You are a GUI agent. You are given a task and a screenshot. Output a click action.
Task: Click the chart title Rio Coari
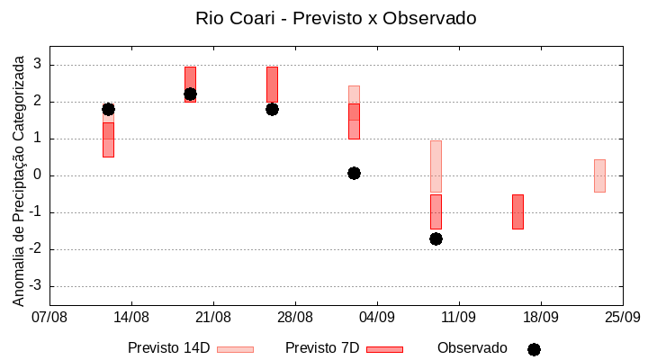point(336,18)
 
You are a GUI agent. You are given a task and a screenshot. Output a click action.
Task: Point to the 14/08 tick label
point(131,317)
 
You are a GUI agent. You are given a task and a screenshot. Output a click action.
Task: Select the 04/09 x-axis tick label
point(377,317)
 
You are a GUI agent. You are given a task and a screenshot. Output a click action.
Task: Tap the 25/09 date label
point(622,317)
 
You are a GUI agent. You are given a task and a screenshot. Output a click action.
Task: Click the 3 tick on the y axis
point(38,65)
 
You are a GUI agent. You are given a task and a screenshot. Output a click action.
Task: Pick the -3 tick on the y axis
point(35,286)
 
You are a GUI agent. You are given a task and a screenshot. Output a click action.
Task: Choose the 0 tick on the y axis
point(38,175)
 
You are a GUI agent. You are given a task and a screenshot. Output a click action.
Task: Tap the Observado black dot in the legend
point(534,349)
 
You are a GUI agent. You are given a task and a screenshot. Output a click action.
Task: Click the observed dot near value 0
point(354,173)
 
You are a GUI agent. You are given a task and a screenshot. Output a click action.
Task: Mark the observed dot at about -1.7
point(436,238)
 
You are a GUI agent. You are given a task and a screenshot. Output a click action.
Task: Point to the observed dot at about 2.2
point(190,94)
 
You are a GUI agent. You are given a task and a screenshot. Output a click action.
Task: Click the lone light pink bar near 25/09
point(599,175)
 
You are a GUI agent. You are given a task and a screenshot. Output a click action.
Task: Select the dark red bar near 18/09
point(517,211)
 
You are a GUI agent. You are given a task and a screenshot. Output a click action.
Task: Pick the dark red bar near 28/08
point(272,84)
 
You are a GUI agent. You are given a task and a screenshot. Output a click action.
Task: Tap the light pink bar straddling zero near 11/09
point(436,166)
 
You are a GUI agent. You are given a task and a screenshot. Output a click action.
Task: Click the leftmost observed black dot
point(108,109)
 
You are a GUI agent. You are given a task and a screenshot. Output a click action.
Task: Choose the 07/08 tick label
point(49,317)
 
